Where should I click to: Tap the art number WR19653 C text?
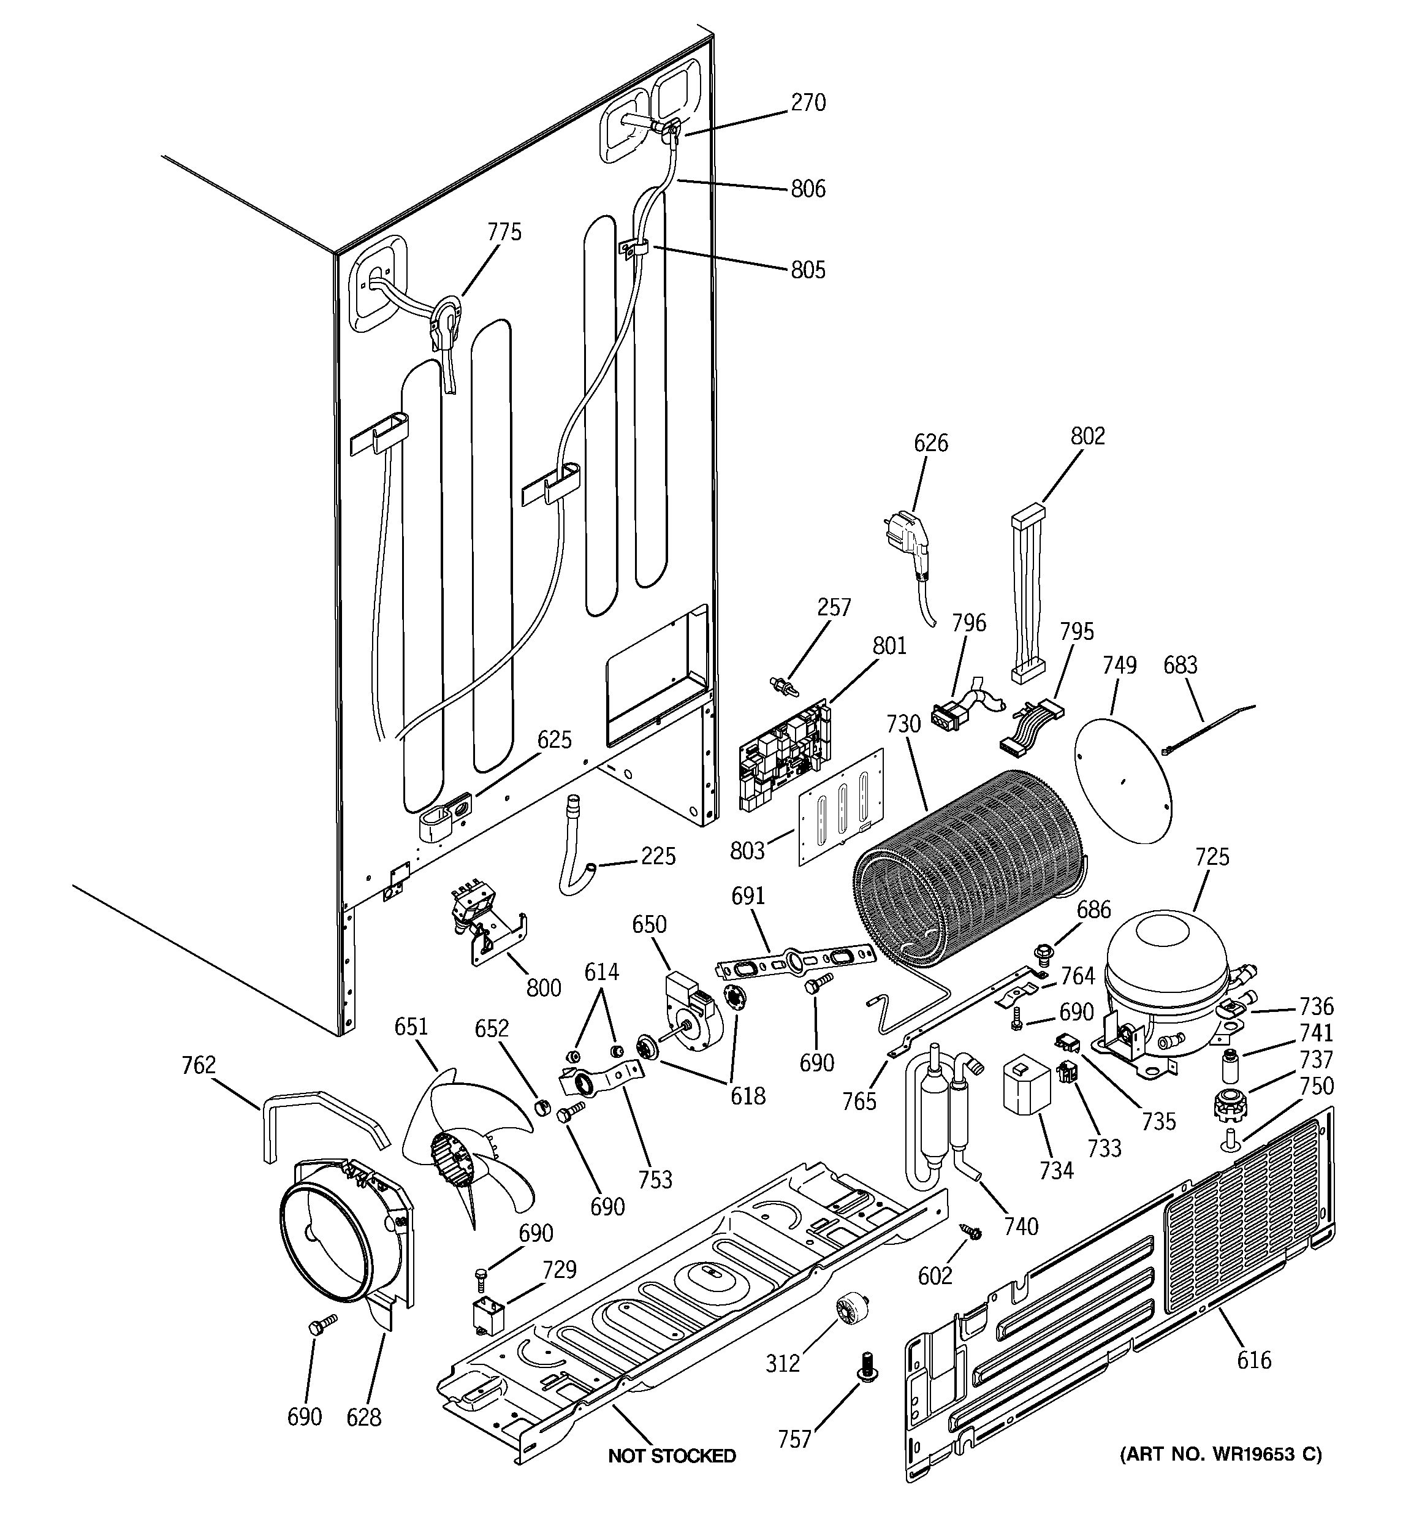pyautogui.click(x=1220, y=1454)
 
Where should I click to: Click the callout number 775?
pyautogui.click(x=504, y=232)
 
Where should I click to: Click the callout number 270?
pyautogui.click(x=808, y=102)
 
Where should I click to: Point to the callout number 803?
pyautogui.click(x=747, y=850)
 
